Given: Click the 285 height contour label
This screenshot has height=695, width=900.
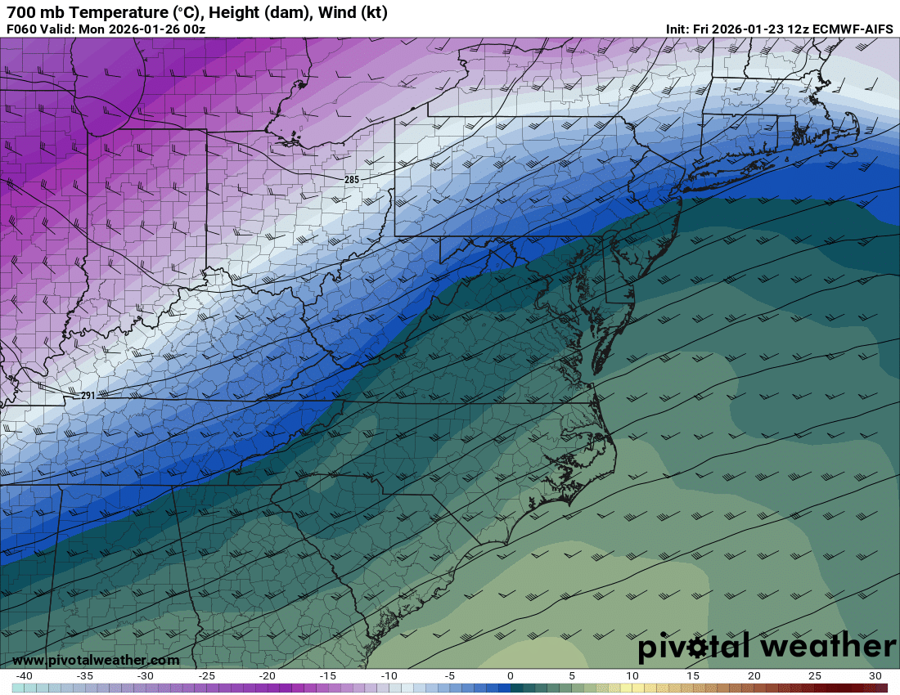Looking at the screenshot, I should [351, 179].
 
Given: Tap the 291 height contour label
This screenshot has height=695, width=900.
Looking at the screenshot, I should [88, 396].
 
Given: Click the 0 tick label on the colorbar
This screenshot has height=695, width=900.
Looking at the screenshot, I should [511, 675].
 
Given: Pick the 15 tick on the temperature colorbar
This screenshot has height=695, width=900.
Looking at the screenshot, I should [693, 675].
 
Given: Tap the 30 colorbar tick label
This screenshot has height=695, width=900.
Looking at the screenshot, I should [875, 675].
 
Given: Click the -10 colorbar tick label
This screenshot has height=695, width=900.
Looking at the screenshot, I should [389, 675].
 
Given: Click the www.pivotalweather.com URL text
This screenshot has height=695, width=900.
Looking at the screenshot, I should [96, 660].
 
